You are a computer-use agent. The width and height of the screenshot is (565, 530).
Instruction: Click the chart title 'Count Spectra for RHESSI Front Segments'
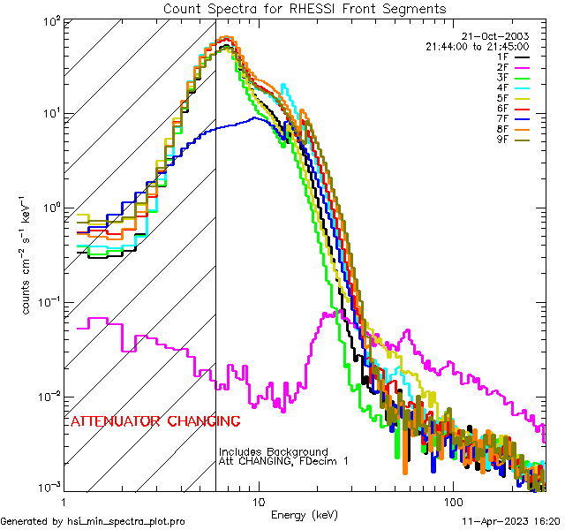pos(305,9)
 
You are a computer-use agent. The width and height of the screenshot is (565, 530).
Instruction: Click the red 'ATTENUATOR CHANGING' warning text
pos(155,420)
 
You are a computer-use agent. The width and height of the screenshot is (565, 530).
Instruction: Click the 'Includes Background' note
pos(274,452)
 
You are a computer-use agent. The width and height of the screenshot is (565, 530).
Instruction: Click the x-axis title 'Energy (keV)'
pos(305,515)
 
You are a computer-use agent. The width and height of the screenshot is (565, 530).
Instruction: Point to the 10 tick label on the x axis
pos(258,501)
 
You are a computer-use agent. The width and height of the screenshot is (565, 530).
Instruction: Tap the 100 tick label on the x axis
pos(452,501)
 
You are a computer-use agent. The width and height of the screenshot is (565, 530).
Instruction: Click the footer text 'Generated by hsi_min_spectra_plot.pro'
pos(93,521)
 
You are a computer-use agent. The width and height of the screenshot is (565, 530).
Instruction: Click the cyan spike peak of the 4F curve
pos(283,86)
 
